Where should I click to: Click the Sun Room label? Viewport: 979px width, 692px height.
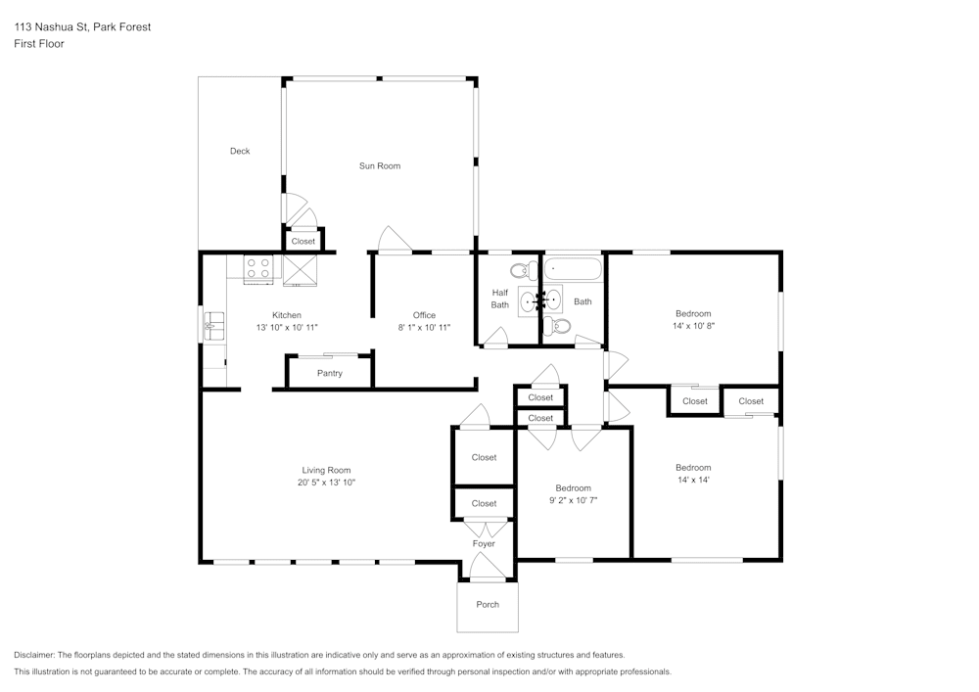tap(379, 166)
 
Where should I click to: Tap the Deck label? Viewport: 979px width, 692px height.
tap(240, 151)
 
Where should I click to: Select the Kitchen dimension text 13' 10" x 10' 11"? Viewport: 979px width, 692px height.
tap(287, 327)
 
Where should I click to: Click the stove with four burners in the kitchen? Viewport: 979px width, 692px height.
tap(258, 267)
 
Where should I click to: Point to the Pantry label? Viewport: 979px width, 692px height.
tap(330, 373)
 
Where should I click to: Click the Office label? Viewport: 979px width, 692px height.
tap(424, 315)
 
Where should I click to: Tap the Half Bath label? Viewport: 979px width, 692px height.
tap(500, 299)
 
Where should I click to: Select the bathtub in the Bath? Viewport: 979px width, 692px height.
tap(574, 267)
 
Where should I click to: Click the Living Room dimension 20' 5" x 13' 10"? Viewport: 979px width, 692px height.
tap(326, 483)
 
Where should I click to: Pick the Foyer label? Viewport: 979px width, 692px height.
tap(484, 544)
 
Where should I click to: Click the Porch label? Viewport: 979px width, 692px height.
tap(488, 605)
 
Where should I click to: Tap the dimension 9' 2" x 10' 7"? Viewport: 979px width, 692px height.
tap(573, 500)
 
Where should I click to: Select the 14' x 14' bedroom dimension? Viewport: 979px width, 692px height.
tap(693, 480)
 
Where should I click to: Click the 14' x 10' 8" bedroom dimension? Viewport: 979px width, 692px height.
tap(693, 326)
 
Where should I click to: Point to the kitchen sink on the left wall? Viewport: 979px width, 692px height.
tap(212, 325)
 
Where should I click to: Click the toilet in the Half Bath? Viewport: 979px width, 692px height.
tap(519, 270)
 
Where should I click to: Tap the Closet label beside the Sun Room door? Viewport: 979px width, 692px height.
tap(303, 241)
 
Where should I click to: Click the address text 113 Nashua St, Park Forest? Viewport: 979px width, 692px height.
tap(82, 27)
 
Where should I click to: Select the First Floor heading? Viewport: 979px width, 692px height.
tap(39, 44)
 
